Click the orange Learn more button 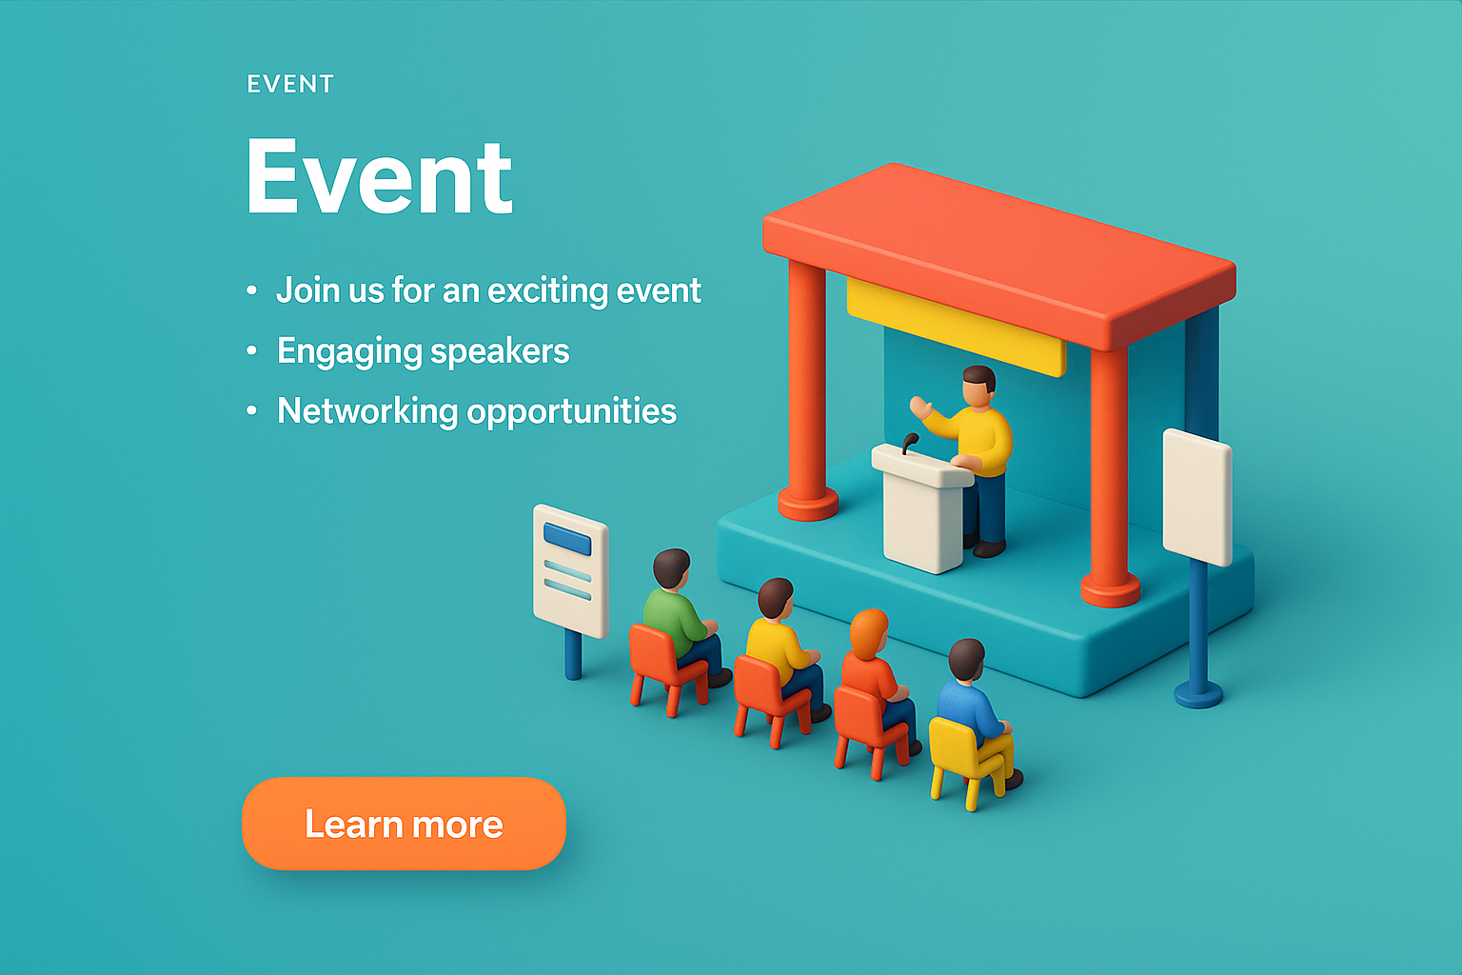click(x=404, y=824)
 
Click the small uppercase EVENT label click(x=290, y=84)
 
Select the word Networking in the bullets click(x=367, y=410)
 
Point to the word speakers click(x=500, y=352)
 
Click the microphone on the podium click(x=910, y=443)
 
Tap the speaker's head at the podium click(x=979, y=386)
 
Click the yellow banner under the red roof click(x=957, y=328)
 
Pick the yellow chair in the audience click(x=969, y=761)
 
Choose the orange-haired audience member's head click(x=868, y=633)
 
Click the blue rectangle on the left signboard click(x=567, y=539)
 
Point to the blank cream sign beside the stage click(x=1197, y=498)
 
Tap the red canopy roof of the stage click(x=998, y=254)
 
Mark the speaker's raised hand click(x=920, y=408)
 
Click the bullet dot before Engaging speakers click(x=252, y=350)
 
